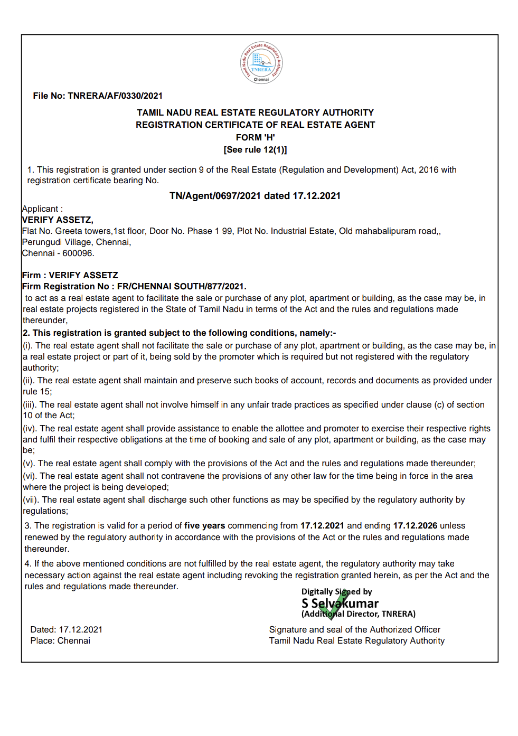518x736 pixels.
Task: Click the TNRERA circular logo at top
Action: coord(261,63)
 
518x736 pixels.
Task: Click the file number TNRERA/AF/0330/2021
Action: coord(115,96)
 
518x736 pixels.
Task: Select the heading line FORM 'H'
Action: coord(255,137)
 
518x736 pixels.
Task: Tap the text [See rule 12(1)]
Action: coord(255,149)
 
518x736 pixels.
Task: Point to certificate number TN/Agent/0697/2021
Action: coord(215,196)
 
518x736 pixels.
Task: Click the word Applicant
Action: coord(40,209)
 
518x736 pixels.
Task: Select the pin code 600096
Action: coord(78,253)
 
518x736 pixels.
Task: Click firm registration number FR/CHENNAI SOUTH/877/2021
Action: coord(181,286)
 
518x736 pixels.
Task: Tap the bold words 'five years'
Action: coord(204,525)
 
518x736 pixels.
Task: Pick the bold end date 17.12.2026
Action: coord(415,525)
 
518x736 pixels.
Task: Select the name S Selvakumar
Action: coord(340,603)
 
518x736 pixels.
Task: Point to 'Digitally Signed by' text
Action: coord(336,591)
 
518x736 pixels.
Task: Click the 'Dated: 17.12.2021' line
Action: coord(67,629)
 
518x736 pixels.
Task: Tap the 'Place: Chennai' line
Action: coord(60,640)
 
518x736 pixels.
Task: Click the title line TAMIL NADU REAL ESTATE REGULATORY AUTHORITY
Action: coord(255,112)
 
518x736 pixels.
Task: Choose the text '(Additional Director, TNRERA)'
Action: coord(358,614)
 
